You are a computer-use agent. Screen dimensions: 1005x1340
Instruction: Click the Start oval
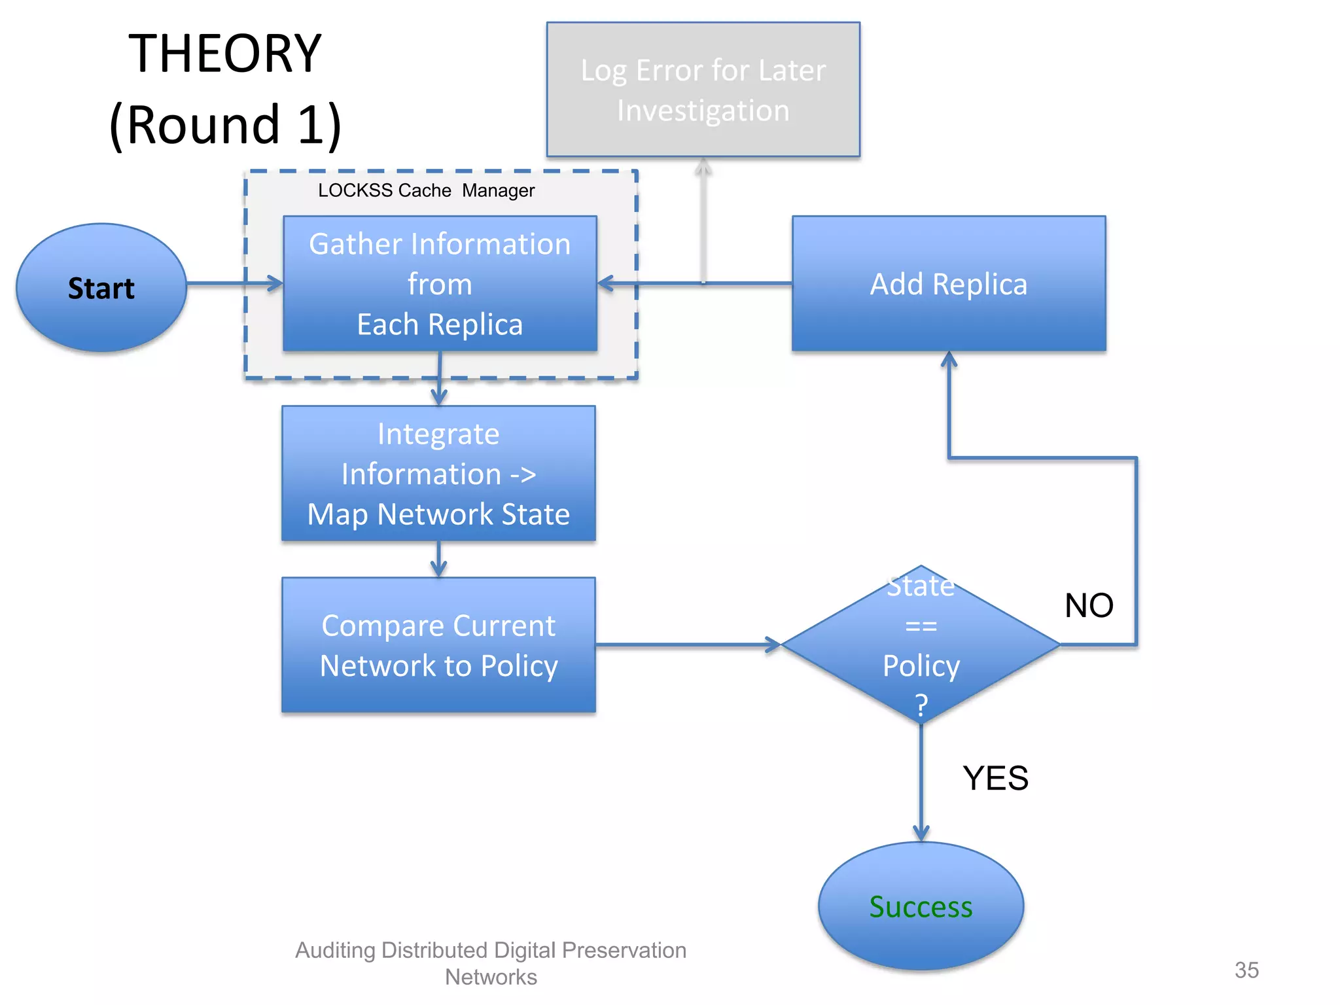coord(101,288)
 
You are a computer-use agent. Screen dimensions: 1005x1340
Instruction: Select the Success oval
coord(921,906)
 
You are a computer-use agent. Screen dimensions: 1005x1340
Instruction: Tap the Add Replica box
coord(948,284)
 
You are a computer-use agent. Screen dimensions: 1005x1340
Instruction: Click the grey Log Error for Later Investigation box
coord(703,90)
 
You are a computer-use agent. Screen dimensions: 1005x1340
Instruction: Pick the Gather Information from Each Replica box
coord(440,284)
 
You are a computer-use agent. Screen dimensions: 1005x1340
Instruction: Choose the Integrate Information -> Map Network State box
coord(438,474)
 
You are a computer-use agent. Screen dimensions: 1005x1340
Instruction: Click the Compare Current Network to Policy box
coord(438,645)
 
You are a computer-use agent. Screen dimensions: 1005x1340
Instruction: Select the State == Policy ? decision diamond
coord(921,645)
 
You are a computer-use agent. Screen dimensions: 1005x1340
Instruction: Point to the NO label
coord(1089,605)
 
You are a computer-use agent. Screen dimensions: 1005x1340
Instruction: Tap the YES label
coord(995,778)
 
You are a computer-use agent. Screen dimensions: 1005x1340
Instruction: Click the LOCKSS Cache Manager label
coord(426,190)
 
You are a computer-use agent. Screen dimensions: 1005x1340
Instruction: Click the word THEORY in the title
coord(224,54)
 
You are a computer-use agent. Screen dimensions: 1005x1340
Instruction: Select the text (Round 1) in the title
coord(225,124)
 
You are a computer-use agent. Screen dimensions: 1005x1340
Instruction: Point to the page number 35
coord(1246,970)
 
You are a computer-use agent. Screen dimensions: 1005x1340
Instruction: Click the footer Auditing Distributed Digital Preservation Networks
coord(491,962)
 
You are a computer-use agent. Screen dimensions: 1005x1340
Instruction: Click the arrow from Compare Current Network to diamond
coord(687,645)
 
